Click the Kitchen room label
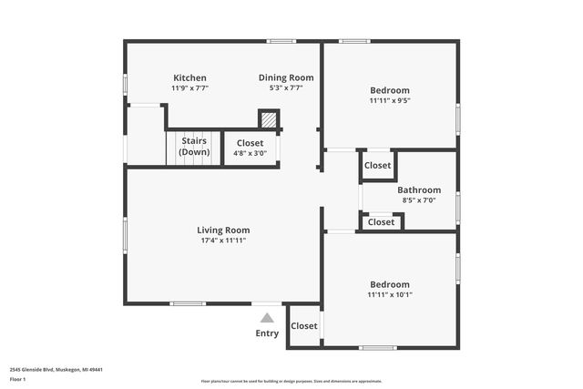pyautogui.click(x=189, y=78)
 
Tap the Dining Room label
pyautogui.click(x=286, y=78)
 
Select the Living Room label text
pyautogui.click(x=223, y=230)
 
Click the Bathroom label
pyautogui.click(x=419, y=190)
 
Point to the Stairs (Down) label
pyautogui.click(x=194, y=147)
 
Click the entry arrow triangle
pyautogui.click(x=267, y=318)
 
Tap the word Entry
pyautogui.click(x=267, y=333)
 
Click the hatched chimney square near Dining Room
pyautogui.click(x=268, y=119)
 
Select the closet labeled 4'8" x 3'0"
pyautogui.click(x=250, y=148)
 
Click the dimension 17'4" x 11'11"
pyautogui.click(x=223, y=241)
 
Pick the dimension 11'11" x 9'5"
pyautogui.click(x=390, y=100)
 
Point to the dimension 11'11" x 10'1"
pyautogui.click(x=390, y=294)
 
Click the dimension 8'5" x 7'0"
pyautogui.click(x=419, y=200)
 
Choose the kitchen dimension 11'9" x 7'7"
pyautogui.click(x=189, y=88)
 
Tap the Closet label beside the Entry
pyautogui.click(x=304, y=326)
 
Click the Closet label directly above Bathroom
pyautogui.click(x=378, y=166)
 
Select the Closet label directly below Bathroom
pyautogui.click(x=382, y=222)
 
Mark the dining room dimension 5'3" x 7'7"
pyautogui.click(x=286, y=88)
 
